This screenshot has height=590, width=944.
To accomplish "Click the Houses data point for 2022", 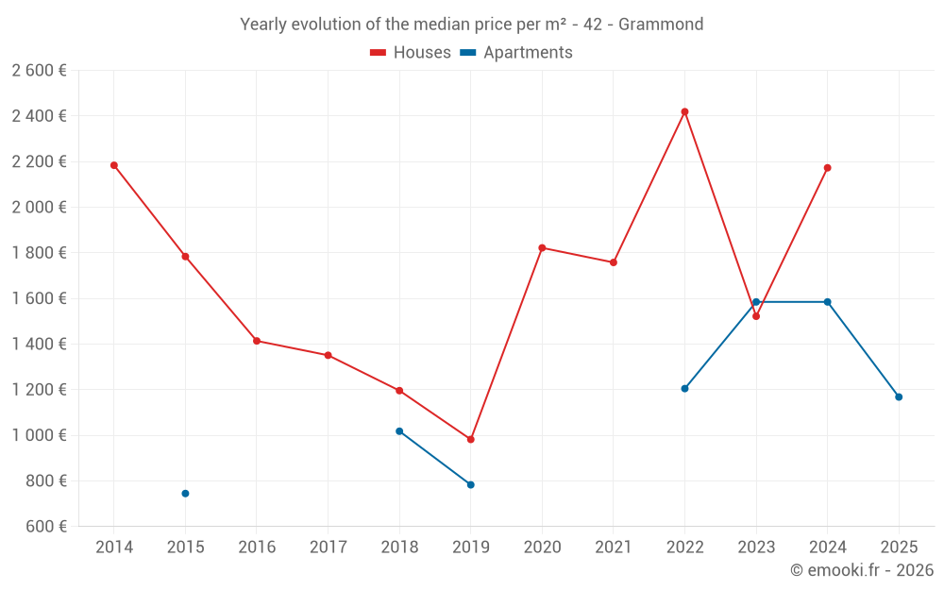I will pos(684,111).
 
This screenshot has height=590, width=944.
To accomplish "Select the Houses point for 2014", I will pos(114,165).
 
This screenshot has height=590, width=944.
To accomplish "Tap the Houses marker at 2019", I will pos(470,439).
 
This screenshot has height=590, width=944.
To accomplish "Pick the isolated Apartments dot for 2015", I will pos(185,494).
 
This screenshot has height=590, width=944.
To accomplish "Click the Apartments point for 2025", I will pos(899,397).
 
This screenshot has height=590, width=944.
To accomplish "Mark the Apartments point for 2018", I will pos(399,431).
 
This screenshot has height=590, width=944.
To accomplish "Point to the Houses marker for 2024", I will pos(827,168).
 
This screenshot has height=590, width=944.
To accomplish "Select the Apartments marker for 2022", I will pos(684,389).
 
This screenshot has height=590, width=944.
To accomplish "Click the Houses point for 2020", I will pos(542,247).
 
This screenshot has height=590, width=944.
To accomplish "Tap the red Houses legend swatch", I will pos(379,53).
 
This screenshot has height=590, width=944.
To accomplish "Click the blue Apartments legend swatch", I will pos(468,53).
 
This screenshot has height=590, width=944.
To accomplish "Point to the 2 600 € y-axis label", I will pos(39,70).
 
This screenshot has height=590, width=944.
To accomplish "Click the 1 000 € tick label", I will pos(39,435).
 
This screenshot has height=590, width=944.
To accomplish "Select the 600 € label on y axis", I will pos(44,527).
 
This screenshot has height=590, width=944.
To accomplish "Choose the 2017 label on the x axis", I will pos(328,548).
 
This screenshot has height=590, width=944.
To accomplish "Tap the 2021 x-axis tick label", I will pos(613,548).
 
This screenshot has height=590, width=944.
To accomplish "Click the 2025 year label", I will pos(899,548).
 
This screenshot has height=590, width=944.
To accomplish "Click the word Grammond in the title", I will pos(661,25).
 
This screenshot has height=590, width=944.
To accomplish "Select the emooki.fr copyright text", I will pos(862,570).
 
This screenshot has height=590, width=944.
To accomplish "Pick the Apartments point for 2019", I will pos(470,485).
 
